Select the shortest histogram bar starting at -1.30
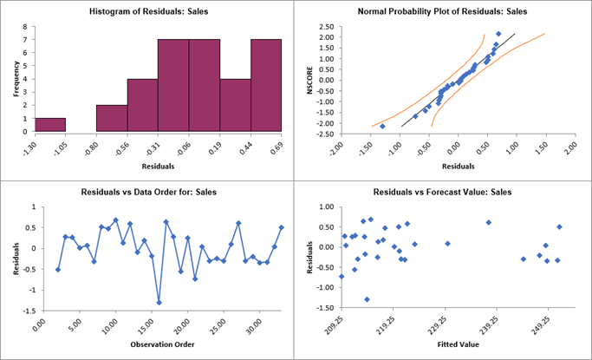point(50,125)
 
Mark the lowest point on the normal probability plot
point(382,126)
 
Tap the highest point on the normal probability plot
point(498,34)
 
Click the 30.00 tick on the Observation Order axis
point(251,330)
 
